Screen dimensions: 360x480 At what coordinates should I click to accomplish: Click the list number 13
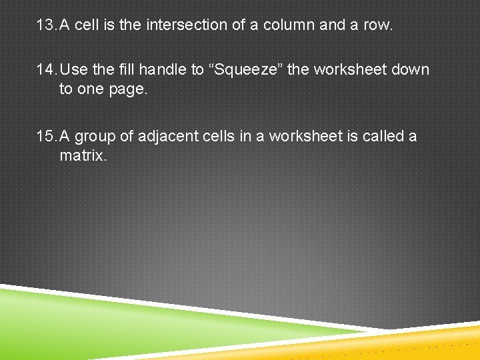46,25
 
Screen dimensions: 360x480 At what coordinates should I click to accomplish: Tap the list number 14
46,69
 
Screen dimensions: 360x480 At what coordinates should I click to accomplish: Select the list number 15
46,136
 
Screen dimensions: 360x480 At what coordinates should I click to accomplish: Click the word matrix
83,156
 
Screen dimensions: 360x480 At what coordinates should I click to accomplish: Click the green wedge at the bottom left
100,320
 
